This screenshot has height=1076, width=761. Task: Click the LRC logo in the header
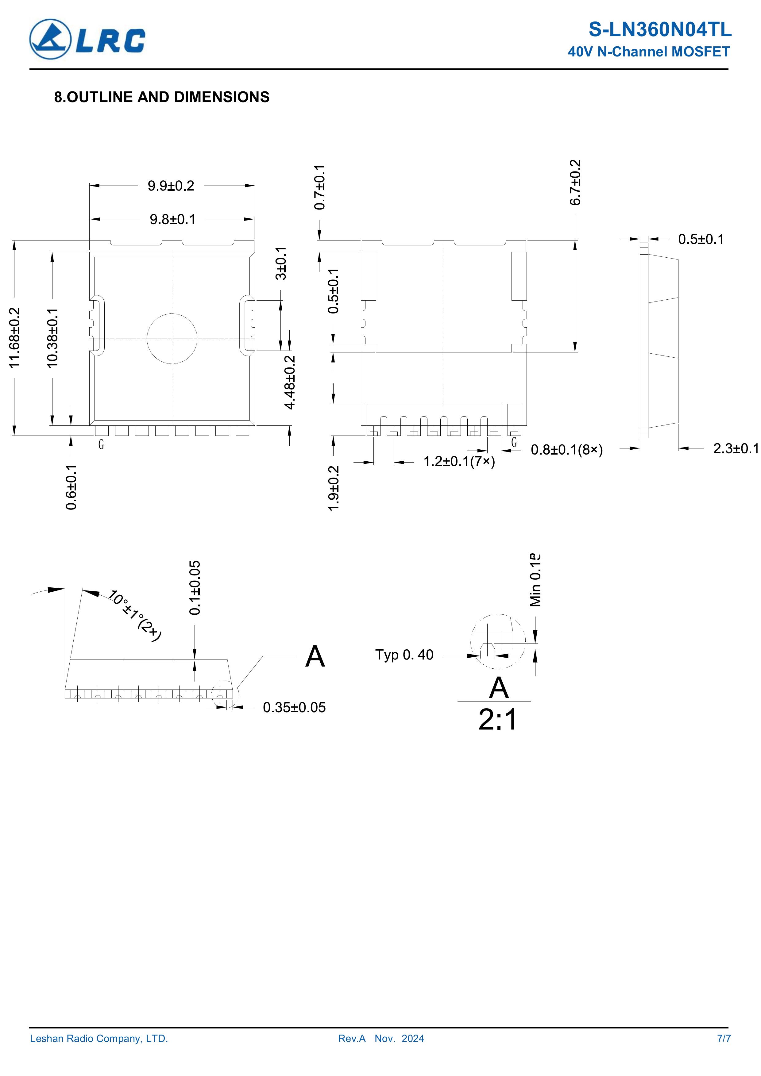click(87, 39)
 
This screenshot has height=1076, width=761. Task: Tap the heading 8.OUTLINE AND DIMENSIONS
click(162, 97)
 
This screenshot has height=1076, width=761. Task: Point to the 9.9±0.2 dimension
click(171, 186)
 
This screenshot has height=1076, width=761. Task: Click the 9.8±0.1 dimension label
click(172, 219)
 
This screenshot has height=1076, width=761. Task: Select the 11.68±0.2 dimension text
click(15, 337)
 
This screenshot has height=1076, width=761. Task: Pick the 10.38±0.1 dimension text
click(52, 337)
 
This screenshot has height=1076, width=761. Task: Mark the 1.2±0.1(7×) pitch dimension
click(459, 462)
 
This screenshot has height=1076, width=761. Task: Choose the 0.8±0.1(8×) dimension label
click(567, 450)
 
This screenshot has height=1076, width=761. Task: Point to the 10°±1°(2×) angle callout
click(135, 615)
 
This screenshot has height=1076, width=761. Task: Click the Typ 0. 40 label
click(404, 655)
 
